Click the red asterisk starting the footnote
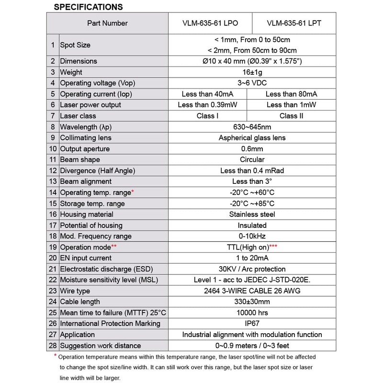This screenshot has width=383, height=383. tap(56, 356)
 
